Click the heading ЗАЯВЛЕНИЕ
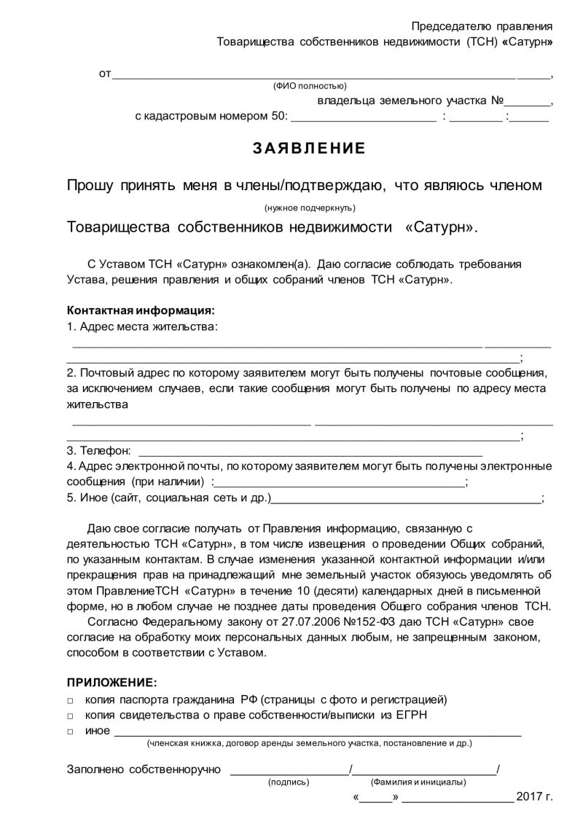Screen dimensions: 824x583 309,149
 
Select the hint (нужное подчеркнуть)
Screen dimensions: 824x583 305,207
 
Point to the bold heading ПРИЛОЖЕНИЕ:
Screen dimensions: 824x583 111,683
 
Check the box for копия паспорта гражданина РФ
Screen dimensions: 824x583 70,700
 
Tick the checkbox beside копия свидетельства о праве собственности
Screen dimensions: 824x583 70,715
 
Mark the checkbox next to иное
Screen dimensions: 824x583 70,731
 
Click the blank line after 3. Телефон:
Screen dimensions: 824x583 310,452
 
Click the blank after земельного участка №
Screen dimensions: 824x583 528,101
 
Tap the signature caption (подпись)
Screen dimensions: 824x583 289,782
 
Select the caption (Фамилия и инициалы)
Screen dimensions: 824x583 418,782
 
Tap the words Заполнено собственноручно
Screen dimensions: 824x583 144,769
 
